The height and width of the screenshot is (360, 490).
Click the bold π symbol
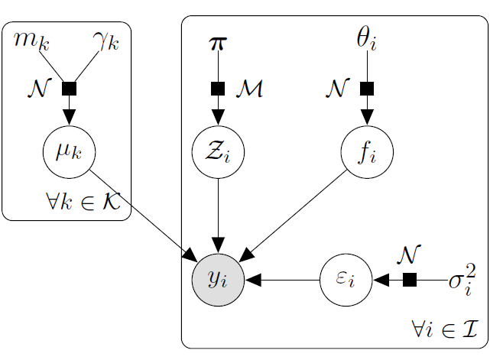coord(218,43)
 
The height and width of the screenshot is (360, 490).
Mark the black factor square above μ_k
coord(70,89)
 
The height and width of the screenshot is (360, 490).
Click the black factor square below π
coord(219,89)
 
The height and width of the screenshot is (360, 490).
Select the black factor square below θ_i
coord(368,89)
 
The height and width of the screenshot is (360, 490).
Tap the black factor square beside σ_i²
coord(410,281)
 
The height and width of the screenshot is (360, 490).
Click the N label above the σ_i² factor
coord(410,253)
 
